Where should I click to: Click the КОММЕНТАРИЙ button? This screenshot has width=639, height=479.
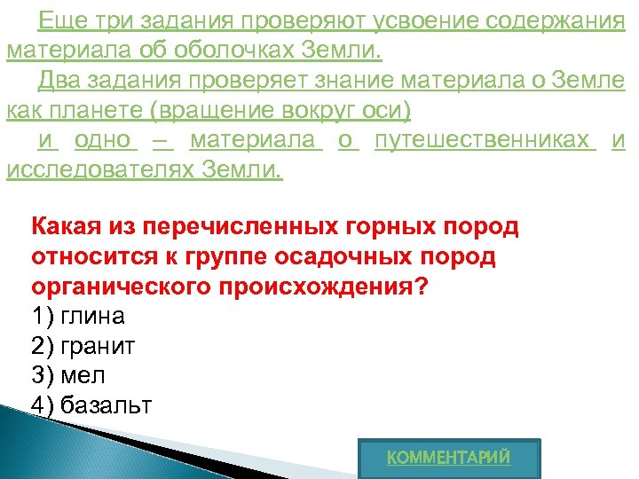[449, 458]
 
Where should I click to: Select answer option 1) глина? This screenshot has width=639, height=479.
[78, 316]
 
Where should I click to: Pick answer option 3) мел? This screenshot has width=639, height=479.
[67, 375]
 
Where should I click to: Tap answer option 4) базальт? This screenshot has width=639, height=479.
[91, 405]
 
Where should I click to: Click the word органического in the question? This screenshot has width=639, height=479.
[112, 287]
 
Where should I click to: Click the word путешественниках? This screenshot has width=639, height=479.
[485, 141]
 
